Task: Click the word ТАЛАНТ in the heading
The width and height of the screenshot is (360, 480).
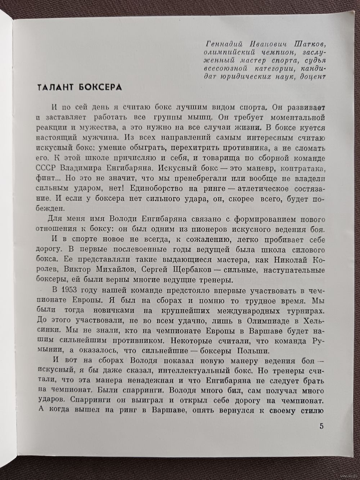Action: [x=54, y=88]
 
